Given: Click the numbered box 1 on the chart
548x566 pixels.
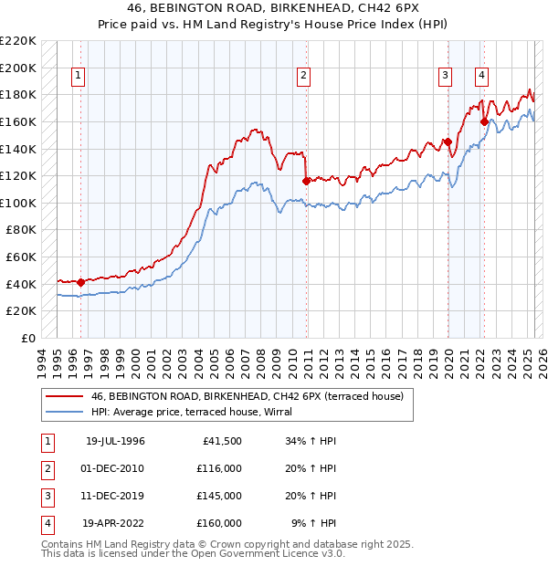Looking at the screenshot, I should pos(79,77).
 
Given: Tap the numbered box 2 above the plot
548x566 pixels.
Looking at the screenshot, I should pos(302,77).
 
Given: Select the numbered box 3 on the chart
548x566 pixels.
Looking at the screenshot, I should pos(444,77).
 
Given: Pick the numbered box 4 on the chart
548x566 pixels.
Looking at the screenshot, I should pos(480,77).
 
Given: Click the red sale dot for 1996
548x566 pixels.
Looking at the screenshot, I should pos(80,282).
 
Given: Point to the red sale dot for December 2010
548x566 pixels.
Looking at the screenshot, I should pos(305,181).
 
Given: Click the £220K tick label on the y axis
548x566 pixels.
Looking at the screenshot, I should pos(19,41).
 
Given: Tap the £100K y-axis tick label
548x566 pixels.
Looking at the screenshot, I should pos(19,203).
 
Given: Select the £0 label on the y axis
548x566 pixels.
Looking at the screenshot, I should pos(27,338).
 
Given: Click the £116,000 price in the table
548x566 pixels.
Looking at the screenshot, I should pos(219,467).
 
